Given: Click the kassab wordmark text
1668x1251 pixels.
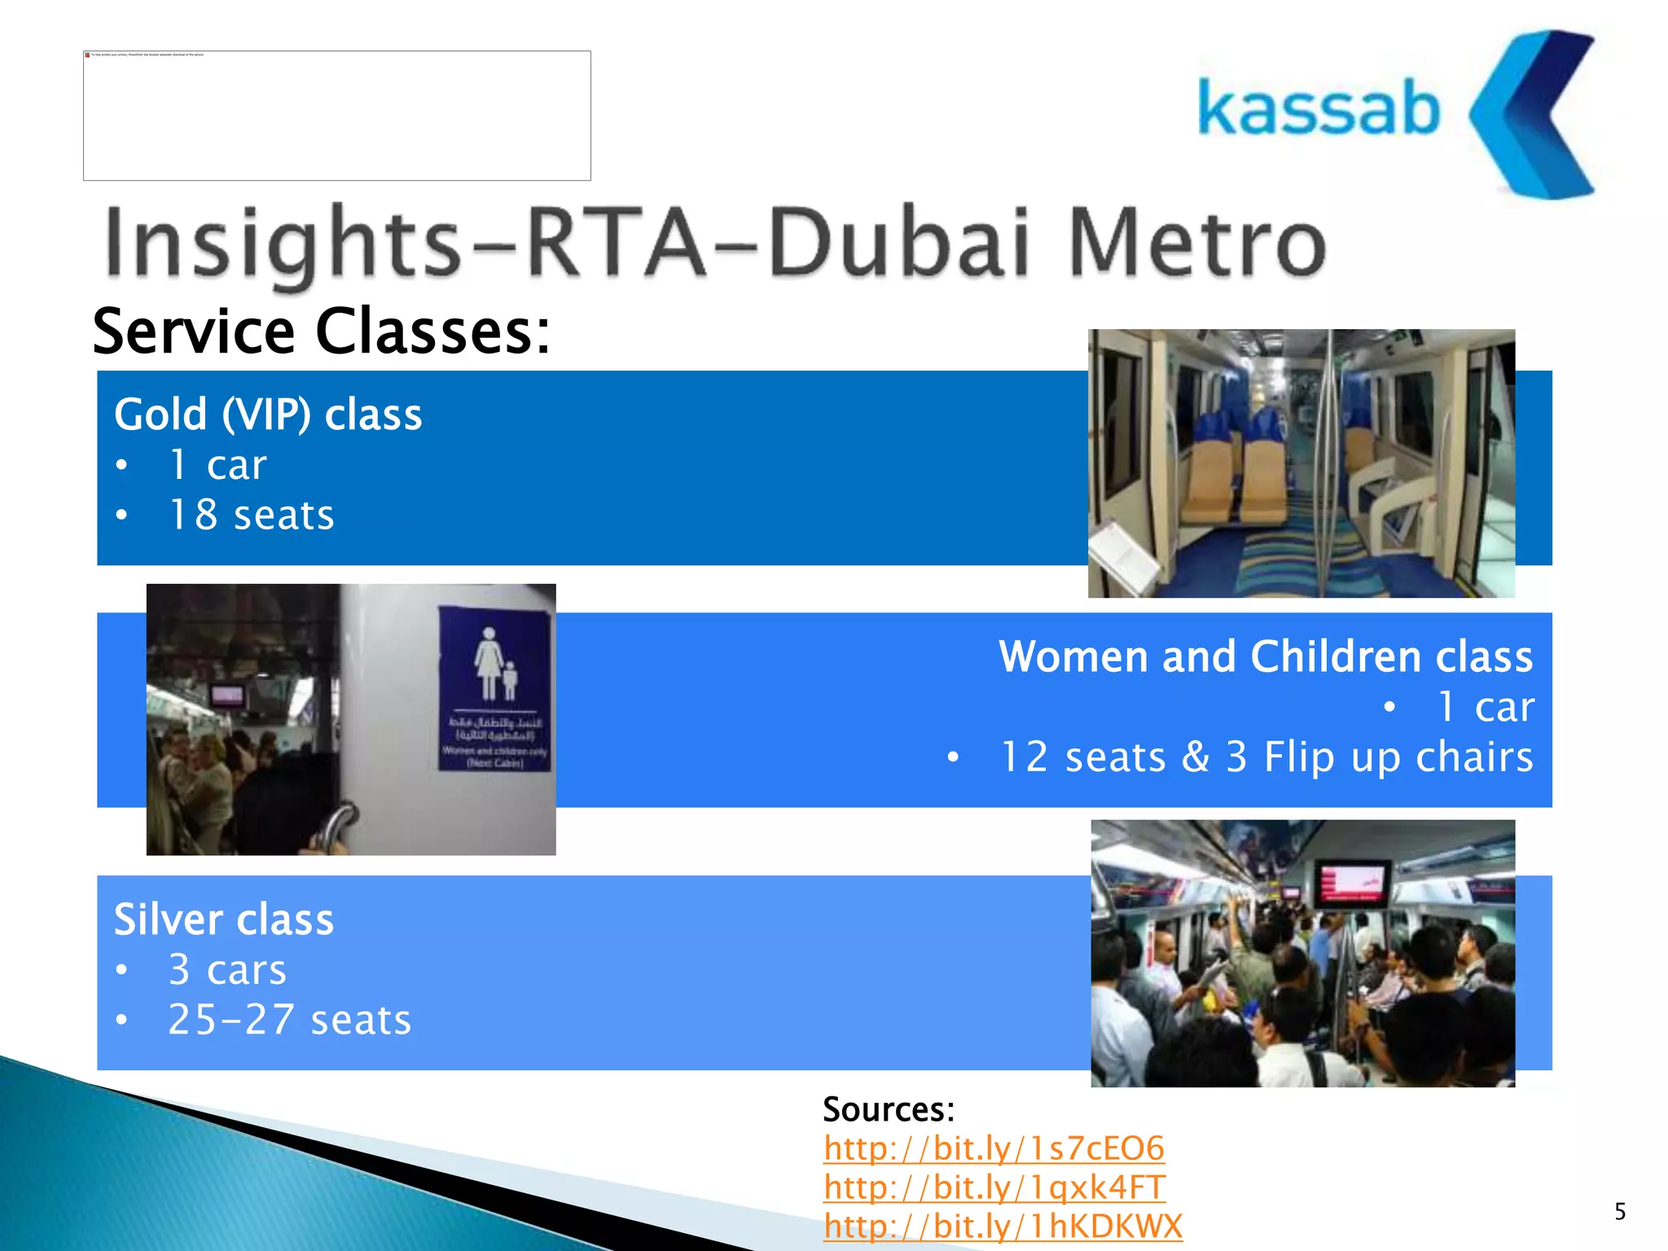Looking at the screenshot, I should point(1318,108).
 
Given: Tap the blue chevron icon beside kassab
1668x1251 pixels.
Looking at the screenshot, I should point(1531,114).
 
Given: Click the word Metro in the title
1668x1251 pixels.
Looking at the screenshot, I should point(1197,242).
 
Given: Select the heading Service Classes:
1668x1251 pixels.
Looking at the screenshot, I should point(321,331).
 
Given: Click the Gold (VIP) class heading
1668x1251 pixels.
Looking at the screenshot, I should point(268,415).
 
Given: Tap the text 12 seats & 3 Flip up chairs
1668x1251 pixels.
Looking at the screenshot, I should point(1266,757).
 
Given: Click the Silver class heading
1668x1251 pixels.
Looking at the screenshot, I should point(223,920).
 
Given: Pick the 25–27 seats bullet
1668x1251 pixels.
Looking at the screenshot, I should point(289,1020).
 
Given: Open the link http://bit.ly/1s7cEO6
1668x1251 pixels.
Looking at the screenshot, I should point(994,1148).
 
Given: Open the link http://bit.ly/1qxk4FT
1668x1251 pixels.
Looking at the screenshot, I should point(994,1187).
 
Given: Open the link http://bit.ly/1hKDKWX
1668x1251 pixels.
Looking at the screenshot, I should point(1002,1226).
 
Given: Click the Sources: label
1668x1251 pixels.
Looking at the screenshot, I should point(888,1109).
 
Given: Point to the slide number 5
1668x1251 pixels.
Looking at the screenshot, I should point(1620,1212).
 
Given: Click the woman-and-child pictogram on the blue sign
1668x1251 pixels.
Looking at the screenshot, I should point(494,664).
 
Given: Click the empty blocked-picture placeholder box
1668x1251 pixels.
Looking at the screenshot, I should point(336,116).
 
